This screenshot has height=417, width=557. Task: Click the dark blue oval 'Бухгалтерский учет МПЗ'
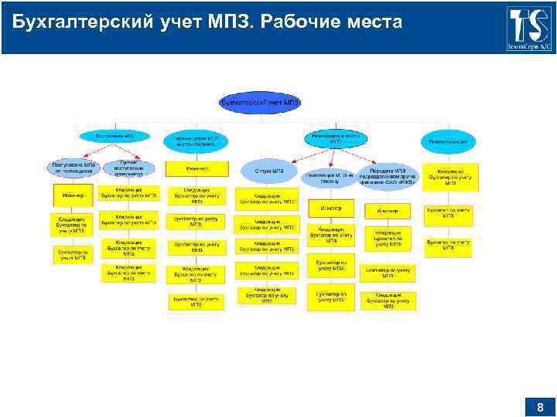pyautogui.click(x=260, y=102)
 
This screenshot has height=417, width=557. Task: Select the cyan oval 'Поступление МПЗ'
pyautogui.click(x=115, y=136)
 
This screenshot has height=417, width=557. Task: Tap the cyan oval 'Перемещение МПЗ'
pyautogui.click(x=196, y=140)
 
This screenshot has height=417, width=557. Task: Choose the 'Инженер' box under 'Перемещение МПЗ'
pyautogui.click(x=196, y=168)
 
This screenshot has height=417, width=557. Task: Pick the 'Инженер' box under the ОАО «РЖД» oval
pyautogui.click(x=388, y=211)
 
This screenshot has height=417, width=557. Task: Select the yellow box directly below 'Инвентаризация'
pyautogui.click(x=450, y=177)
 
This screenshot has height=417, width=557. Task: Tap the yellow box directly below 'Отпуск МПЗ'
pyautogui.click(x=267, y=198)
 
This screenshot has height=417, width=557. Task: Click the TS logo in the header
pyautogui.click(x=530, y=27)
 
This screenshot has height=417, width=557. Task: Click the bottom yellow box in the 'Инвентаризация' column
pyautogui.click(x=449, y=246)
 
